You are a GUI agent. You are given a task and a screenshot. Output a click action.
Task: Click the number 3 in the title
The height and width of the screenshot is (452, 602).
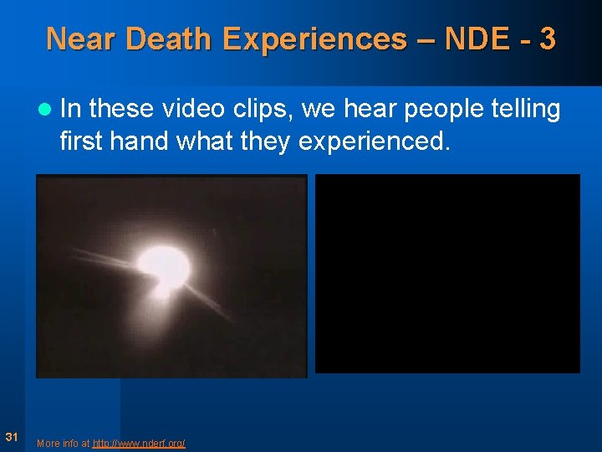pos(547,39)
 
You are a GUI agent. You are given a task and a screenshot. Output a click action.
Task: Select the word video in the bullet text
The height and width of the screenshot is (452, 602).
pos(193,109)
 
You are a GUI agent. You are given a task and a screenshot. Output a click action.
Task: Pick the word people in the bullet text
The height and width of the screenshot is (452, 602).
pos(443,110)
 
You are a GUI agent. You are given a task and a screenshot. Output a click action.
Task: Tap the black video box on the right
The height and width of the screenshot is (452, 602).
pos(447,273)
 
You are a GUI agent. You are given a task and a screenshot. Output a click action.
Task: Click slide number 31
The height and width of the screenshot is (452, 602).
pos(12,436)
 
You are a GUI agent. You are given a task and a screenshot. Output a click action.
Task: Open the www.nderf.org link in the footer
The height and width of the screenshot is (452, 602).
pos(139,443)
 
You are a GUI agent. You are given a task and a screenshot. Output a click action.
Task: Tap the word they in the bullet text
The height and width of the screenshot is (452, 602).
pos(262,141)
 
